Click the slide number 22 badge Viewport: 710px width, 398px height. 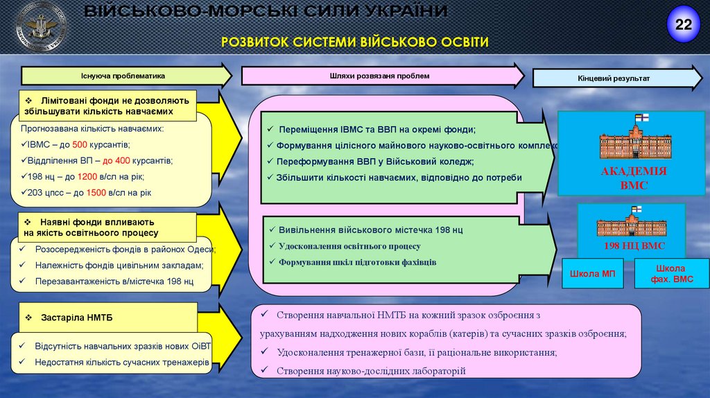684,25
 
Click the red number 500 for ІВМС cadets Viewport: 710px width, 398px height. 79,145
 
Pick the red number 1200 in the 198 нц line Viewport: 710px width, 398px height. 87,176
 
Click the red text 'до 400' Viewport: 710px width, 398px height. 114,160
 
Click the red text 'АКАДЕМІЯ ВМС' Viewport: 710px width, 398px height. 634,178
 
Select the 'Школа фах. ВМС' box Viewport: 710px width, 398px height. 670,273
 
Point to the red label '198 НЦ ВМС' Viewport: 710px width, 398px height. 634,245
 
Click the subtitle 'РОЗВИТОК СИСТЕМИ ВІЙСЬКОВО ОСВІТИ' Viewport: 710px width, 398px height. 354,42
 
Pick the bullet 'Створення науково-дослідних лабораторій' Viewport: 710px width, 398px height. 371,371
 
